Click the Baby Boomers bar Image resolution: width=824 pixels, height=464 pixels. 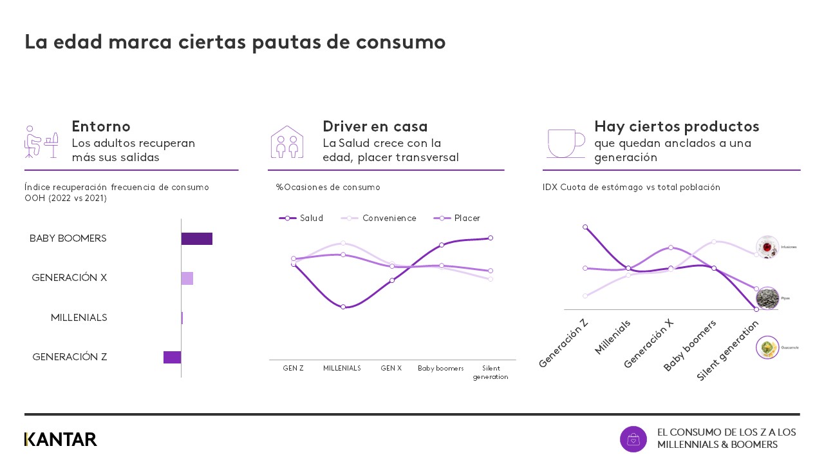(196, 238)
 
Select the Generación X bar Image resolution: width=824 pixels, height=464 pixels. (187, 278)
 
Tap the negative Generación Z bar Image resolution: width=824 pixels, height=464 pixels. (172, 357)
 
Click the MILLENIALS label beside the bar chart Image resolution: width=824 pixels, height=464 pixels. (79, 318)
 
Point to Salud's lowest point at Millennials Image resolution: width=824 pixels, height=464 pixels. (343, 307)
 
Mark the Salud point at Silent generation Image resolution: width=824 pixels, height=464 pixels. (491, 238)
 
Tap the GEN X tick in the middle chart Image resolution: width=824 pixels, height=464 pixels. (391, 368)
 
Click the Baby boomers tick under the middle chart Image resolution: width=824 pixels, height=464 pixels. (440, 368)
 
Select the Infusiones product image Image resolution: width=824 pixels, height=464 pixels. (767, 247)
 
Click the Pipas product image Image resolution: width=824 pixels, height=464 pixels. (767, 298)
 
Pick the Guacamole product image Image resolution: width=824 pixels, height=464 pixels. (767, 347)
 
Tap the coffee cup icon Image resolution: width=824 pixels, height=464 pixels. (565, 142)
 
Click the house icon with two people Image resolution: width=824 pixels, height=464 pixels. (287, 142)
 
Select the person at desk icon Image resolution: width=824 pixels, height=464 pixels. (41, 142)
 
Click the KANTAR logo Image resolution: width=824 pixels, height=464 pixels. (61, 440)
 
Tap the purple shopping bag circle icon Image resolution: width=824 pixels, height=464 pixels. (633, 439)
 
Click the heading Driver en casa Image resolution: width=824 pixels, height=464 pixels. (375, 126)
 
